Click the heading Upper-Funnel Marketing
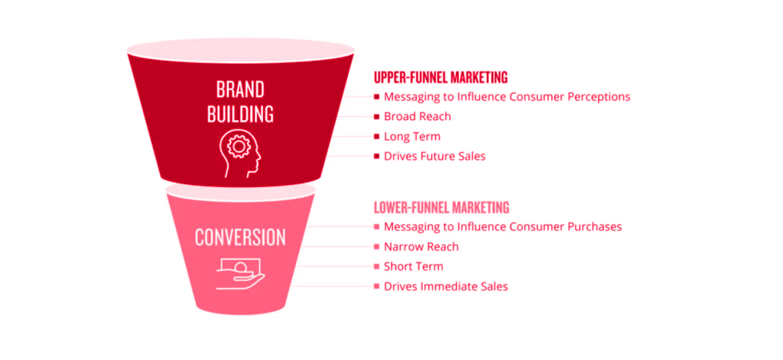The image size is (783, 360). click(x=440, y=77)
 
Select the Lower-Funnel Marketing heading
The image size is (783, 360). click(x=441, y=207)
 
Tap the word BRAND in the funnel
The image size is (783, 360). click(x=240, y=89)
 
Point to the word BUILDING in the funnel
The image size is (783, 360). click(x=240, y=115)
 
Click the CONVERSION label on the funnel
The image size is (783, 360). click(x=239, y=237)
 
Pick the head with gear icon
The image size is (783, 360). click(x=240, y=151)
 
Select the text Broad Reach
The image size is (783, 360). click(x=417, y=117)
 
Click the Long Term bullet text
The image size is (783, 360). click(x=411, y=137)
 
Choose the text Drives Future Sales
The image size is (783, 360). click(x=434, y=157)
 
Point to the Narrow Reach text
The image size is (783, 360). click(x=421, y=247)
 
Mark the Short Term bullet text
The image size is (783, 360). click(x=413, y=267)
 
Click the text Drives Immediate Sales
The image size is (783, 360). click(x=446, y=287)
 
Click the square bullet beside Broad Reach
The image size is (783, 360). click(x=377, y=117)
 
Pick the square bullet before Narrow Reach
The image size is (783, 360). click(x=377, y=247)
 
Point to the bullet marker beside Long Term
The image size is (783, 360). click(x=377, y=137)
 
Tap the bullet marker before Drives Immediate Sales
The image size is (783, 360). click(x=377, y=287)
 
